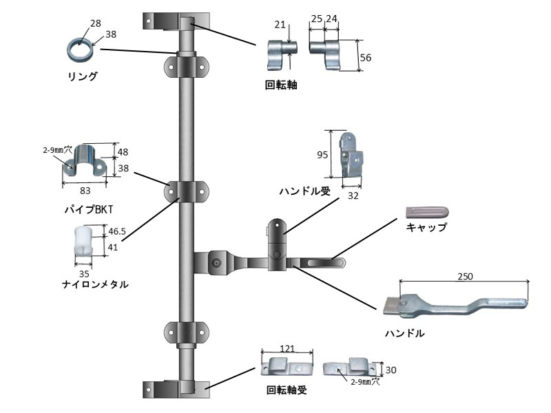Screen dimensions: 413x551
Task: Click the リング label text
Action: click(83, 76)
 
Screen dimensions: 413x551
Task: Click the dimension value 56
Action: click(366, 59)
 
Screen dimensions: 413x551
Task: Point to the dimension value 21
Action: click(280, 25)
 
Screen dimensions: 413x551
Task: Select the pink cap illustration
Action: click(426, 210)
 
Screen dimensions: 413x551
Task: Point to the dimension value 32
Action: click(353, 195)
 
